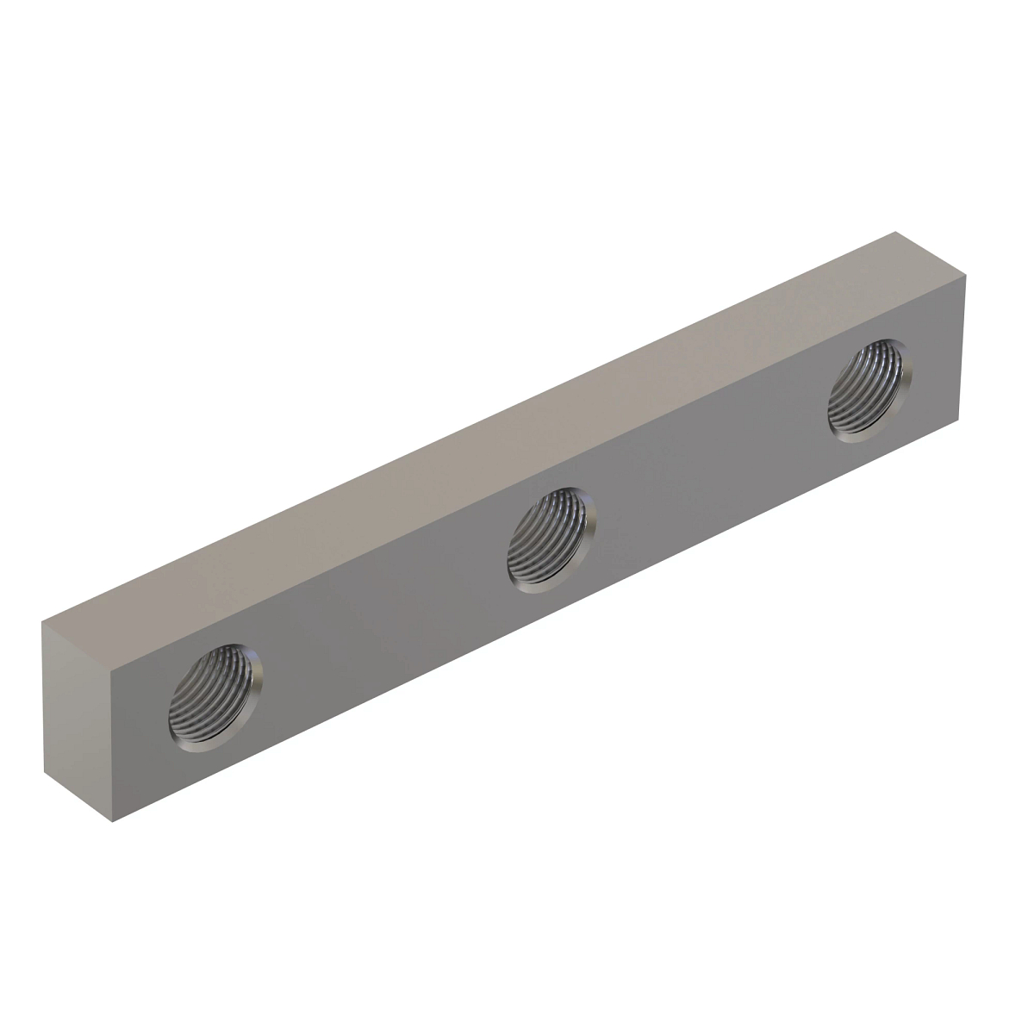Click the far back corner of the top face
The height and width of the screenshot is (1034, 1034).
[897, 231]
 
